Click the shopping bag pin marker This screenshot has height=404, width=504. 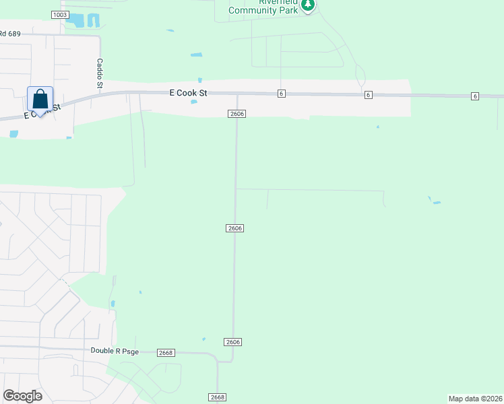point(40,99)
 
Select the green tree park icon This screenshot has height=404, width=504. point(308,5)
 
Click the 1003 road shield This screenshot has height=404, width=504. point(59,15)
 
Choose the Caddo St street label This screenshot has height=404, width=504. point(100,73)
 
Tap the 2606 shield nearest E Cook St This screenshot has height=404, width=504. point(237,114)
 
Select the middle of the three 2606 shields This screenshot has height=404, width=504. point(234,228)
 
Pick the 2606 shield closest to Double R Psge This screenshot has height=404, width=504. point(233,342)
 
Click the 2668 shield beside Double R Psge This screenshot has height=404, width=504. point(166,353)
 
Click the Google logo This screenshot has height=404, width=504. point(22,396)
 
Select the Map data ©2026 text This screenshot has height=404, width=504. point(475,398)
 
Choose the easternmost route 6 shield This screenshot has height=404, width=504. point(475,97)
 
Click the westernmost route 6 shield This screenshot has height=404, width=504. point(281,94)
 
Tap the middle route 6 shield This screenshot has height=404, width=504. point(369,95)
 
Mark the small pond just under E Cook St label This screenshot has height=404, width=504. point(194,102)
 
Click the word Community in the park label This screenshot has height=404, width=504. point(252,10)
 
